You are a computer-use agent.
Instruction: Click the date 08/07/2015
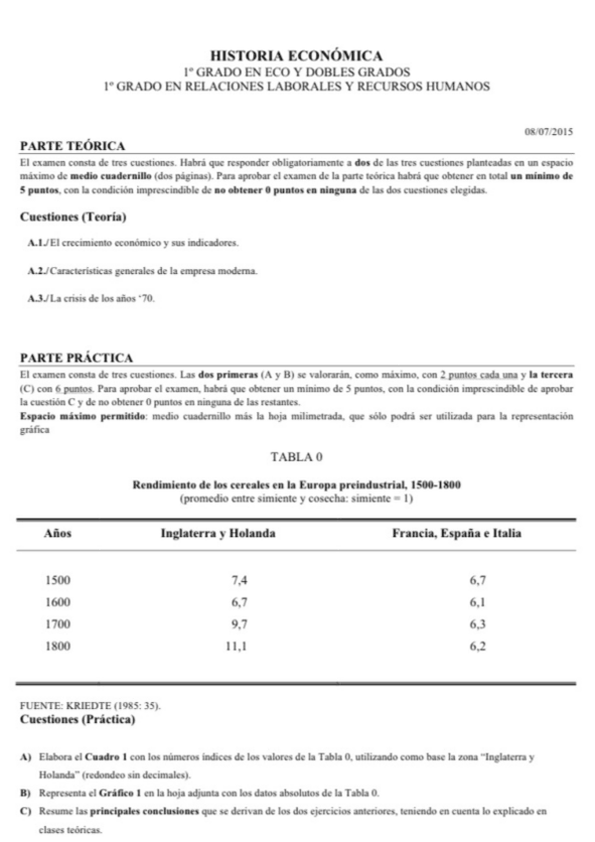pyautogui.click(x=549, y=131)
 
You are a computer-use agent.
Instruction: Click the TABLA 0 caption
pyautogui.click(x=297, y=458)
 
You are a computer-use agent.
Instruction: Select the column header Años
pyautogui.click(x=61, y=534)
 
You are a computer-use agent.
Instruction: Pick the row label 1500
pyautogui.click(x=61, y=578)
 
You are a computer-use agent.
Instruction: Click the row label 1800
pyautogui.click(x=61, y=645)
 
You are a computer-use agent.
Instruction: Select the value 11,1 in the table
pyautogui.click(x=237, y=645)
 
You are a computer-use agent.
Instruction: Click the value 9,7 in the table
pyautogui.click(x=237, y=624)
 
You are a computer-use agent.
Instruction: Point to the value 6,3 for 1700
pyautogui.click(x=478, y=624)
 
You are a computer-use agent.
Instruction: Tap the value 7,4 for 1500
pyautogui.click(x=237, y=578)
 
